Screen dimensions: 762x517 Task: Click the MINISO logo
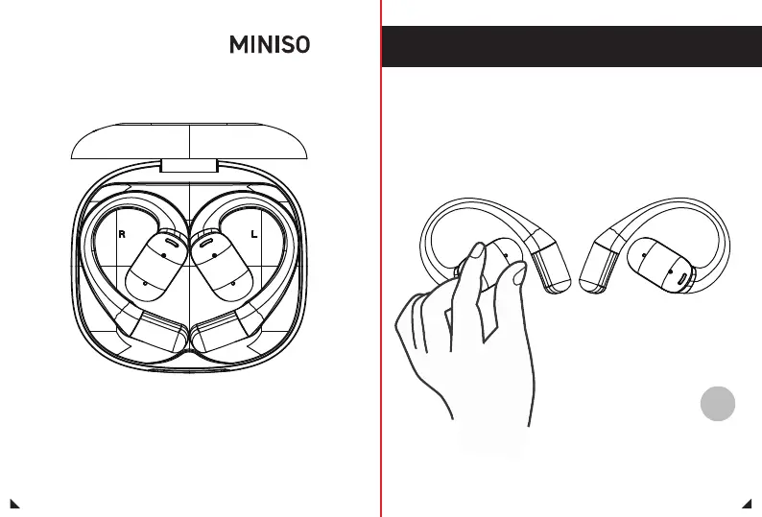269,45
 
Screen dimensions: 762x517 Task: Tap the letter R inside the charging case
122,234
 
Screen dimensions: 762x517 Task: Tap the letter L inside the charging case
253,234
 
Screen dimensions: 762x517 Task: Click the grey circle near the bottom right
717,403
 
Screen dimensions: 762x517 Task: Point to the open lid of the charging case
189,141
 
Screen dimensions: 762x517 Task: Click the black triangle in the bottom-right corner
747,502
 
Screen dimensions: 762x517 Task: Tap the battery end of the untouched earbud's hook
600,264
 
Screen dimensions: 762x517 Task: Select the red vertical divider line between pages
381,288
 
